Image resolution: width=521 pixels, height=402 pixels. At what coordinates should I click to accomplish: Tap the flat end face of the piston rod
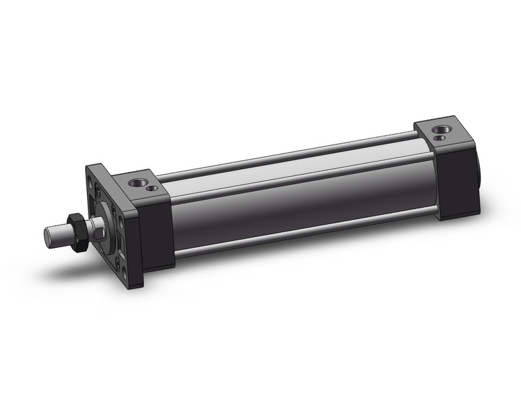tap(48, 236)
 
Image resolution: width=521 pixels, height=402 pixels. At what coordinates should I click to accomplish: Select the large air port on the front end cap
tap(138, 182)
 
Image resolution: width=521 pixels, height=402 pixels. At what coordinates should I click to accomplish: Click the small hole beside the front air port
tap(152, 187)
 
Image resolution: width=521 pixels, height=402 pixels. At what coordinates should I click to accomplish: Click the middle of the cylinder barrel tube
tap(295, 199)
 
